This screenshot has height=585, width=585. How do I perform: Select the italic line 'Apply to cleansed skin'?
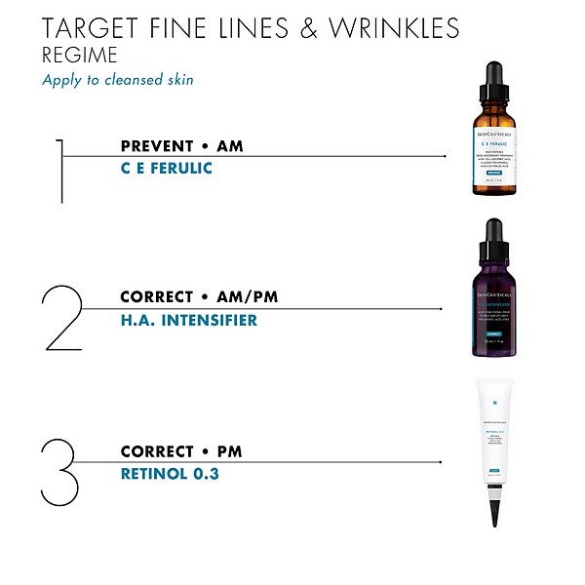117,80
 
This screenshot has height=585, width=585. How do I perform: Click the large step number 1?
60,171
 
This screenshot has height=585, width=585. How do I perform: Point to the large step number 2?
61,318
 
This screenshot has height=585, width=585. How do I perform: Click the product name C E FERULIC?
166,169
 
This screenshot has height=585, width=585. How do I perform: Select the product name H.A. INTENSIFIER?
188,319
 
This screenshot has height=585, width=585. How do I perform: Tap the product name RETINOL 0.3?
171,474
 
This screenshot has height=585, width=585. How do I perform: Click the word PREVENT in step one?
155,146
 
